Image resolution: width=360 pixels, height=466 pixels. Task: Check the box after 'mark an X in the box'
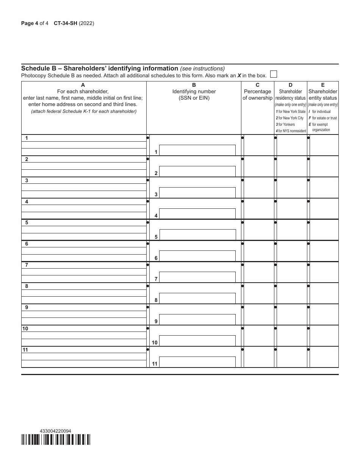(273, 74)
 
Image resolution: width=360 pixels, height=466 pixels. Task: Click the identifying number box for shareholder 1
(197, 150)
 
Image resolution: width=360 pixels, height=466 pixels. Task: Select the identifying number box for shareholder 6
(197, 256)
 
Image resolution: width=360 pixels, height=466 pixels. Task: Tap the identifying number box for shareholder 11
(197, 362)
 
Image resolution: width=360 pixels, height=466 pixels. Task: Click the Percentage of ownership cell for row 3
(258, 187)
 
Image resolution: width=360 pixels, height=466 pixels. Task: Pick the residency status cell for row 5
(291, 230)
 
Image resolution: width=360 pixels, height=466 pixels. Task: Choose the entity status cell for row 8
(324, 293)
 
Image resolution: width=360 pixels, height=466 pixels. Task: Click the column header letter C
(257, 85)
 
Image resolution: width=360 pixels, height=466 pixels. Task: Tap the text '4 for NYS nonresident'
(291, 131)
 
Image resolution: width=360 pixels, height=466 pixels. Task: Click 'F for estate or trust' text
(323, 118)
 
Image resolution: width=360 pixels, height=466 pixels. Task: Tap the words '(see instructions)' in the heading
(202, 69)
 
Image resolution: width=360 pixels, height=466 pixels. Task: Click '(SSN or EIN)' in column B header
(194, 98)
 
